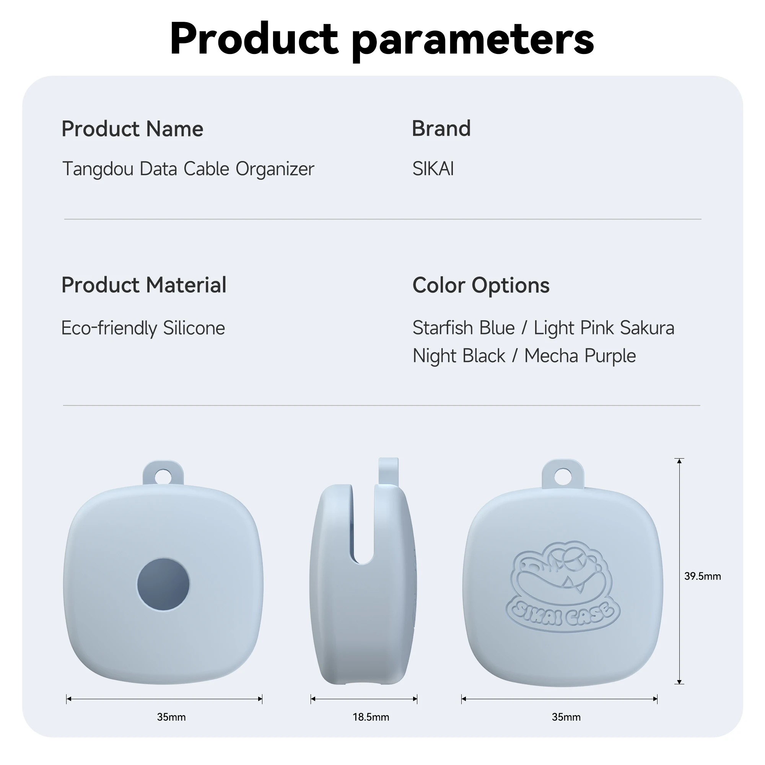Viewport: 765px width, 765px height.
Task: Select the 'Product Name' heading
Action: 132,129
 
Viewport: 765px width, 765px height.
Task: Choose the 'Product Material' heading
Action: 144,285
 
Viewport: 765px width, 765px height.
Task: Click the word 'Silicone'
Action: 194,328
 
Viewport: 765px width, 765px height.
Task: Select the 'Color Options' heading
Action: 481,285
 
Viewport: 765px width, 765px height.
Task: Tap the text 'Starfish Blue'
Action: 464,328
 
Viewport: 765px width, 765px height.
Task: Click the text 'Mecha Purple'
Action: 580,356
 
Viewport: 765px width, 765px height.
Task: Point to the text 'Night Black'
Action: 459,356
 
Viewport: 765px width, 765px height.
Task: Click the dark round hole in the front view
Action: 163,584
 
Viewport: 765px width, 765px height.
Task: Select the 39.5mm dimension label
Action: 702,576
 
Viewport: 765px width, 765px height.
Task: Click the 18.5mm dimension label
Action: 371,717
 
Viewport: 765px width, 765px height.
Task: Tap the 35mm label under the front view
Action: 171,717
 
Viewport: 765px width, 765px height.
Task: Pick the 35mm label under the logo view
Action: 566,717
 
